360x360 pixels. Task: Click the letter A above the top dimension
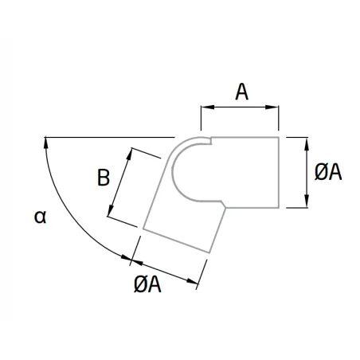(x=241, y=92)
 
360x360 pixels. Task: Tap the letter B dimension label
(x=104, y=178)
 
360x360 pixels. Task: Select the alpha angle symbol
(x=41, y=217)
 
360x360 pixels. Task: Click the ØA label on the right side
(x=328, y=172)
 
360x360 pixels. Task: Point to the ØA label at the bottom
(x=147, y=284)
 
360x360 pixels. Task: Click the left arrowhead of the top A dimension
(x=207, y=107)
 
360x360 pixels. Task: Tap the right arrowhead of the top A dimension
(x=272, y=107)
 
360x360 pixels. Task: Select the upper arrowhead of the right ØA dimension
(x=307, y=144)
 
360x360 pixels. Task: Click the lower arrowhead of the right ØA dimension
(x=307, y=201)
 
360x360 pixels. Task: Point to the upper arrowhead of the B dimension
(x=129, y=155)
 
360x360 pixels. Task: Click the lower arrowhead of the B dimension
(x=111, y=210)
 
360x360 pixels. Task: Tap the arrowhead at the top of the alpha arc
(x=46, y=143)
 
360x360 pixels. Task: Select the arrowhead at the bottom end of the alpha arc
(x=127, y=258)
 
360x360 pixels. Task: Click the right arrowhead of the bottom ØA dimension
(x=192, y=281)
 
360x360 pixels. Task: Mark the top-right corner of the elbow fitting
(x=279, y=137)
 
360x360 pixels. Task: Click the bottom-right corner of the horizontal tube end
(x=279, y=208)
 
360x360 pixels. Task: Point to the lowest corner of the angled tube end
(x=209, y=252)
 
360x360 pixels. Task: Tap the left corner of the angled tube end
(x=143, y=229)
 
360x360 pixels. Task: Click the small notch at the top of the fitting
(x=210, y=141)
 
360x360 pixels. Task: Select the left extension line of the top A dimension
(x=201, y=118)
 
